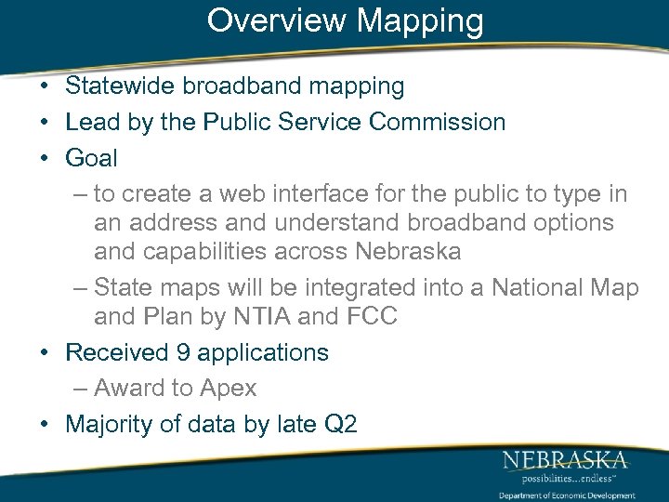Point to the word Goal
tap(91, 158)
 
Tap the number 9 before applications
tap(184, 352)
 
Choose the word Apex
tap(228, 388)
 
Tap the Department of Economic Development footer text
tap(567, 495)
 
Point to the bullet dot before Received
tap(45, 353)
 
